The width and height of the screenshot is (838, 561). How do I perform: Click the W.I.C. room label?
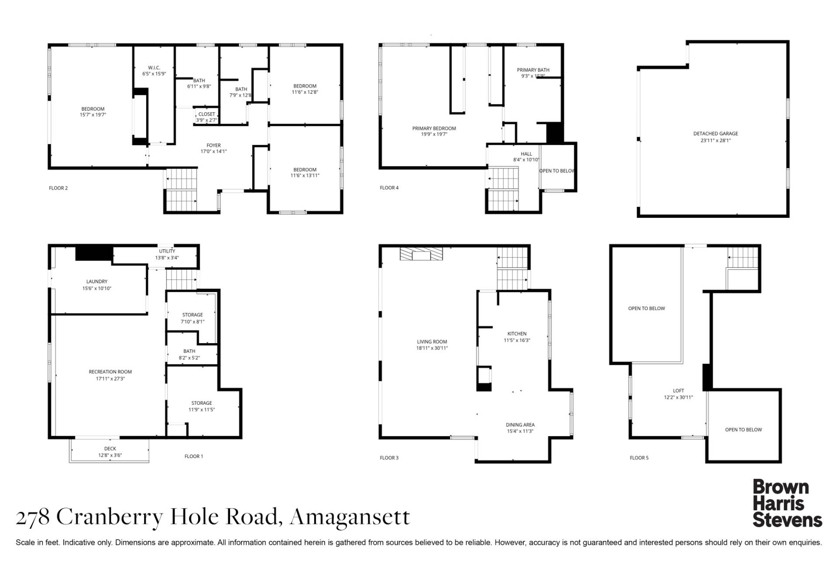[x=154, y=68]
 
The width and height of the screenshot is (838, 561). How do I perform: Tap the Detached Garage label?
[x=715, y=134]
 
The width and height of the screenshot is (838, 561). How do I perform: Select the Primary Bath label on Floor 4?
[x=533, y=70]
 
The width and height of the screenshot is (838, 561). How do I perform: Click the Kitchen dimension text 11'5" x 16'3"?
[x=517, y=341]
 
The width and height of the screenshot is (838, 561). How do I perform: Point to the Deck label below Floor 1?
[x=110, y=449]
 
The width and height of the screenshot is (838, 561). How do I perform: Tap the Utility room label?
[x=167, y=251]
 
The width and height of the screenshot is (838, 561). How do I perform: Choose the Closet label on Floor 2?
[x=206, y=114]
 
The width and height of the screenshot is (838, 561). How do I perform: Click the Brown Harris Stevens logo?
[x=787, y=503]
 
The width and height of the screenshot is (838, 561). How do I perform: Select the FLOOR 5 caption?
[x=639, y=458]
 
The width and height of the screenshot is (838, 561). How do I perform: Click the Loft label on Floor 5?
[x=678, y=391]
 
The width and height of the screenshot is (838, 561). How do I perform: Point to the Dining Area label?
[x=520, y=425]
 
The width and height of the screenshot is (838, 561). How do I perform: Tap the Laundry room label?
[x=97, y=282]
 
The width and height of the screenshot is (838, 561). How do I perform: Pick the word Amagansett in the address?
[x=350, y=517]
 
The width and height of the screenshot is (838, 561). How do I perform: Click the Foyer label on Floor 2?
[x=213, y=145]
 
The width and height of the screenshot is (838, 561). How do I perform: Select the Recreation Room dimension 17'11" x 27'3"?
[x=110, y=379]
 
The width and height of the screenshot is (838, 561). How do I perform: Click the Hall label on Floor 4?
[x=526, y=154]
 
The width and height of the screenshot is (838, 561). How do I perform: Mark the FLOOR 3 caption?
[x=389, y=458]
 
